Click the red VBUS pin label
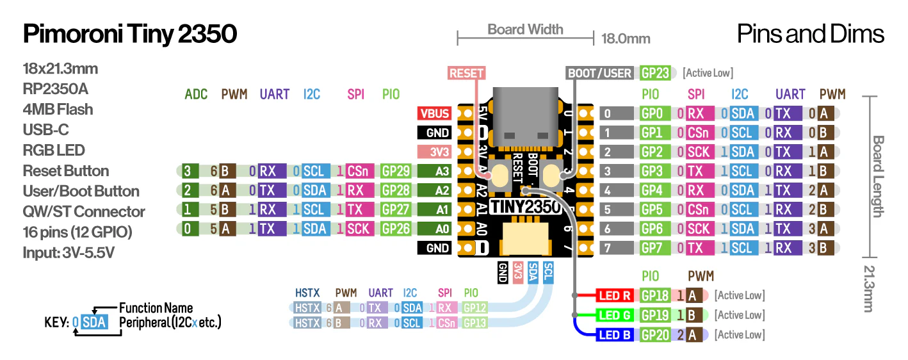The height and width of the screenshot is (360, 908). coord(434,113)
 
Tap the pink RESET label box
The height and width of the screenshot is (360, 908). coord(466,73)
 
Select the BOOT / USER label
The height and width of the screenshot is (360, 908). coord(600,73)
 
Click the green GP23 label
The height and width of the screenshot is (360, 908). coord(655,73)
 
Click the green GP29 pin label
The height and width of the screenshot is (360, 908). coord(396,171)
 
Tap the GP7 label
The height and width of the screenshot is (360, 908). coord(652,248)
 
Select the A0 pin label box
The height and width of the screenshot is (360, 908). coord(434,229)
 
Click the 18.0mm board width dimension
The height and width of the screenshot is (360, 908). coord(626,38)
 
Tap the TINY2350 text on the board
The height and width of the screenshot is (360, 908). coord(524,207)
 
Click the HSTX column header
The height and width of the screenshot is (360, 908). coord(307,293)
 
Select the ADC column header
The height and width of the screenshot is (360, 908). coord(196,94)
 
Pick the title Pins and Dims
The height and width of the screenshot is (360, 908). coord(811,34)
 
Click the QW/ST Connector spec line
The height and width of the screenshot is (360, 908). coord(84,212)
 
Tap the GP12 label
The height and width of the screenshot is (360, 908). coord(474,307)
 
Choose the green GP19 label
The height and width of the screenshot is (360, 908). coord(655,315)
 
